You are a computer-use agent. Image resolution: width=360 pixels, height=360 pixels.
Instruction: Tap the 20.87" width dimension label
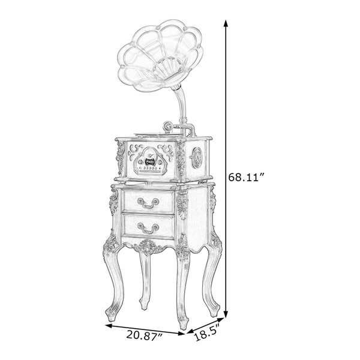(144, 335)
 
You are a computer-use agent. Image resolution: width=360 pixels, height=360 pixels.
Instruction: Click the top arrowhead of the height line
(226, 23)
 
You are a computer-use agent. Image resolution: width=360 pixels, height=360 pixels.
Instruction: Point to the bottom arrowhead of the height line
(226, 314)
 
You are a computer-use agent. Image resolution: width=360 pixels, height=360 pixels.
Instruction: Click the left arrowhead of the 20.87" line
(109, 326)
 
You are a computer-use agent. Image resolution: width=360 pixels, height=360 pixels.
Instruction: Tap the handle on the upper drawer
(148, 203)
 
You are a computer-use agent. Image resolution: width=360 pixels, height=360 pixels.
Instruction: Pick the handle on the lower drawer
(148, 228)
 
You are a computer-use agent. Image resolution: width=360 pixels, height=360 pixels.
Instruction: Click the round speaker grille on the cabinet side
(197, 157)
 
